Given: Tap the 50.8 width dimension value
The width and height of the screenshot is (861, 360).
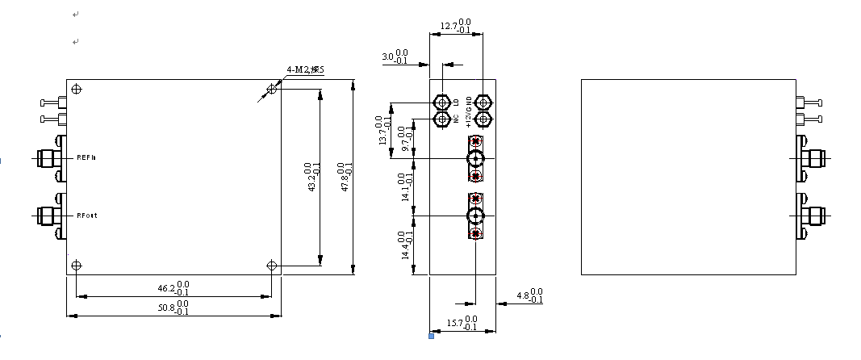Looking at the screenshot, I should (168, 308).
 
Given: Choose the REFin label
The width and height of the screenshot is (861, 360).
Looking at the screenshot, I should (86, 157).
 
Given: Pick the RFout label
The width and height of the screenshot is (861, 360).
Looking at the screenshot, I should (87, 216).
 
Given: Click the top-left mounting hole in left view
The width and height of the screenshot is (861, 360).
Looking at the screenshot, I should (76, 89).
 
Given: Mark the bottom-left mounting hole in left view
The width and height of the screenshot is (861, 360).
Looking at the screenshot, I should (76, 266).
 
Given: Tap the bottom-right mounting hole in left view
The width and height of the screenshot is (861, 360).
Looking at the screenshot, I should (272, 266).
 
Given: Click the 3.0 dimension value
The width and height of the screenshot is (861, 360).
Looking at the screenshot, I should (388, 57).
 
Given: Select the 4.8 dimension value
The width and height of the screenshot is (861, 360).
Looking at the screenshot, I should (524, 296).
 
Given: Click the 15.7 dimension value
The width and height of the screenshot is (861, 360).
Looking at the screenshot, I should (458, 324).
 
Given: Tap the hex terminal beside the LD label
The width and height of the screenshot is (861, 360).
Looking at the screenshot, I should (442, 103).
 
